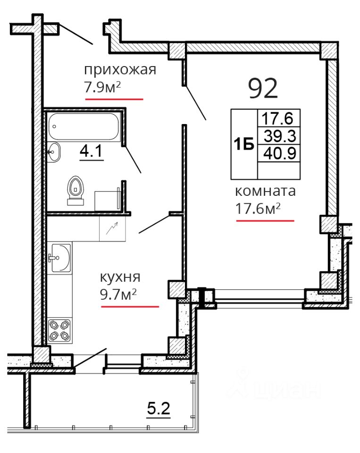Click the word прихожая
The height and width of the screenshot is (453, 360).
[120, 70]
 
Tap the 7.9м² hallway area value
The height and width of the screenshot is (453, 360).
[102, 87]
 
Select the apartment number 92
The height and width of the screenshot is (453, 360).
[263, 88]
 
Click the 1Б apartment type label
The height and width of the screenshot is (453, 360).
[244, 144]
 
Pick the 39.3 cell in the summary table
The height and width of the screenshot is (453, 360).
[280, 136]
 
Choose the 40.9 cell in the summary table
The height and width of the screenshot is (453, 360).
[280, 153]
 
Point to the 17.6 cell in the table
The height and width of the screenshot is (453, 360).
[277, 118]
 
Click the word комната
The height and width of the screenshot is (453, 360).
[265, 191]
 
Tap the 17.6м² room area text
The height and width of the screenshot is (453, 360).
[258, 208]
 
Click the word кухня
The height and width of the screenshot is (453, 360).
[120, 277]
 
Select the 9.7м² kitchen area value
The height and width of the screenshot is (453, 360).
[118, 294]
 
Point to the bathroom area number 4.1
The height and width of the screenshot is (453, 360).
[91, 151]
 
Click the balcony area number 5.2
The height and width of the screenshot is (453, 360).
[159, 409]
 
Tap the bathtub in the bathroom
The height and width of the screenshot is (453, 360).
[84, 126]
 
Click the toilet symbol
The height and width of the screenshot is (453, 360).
[75, 190]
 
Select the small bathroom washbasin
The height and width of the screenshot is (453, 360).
[54, 152]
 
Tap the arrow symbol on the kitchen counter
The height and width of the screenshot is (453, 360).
[112, 228]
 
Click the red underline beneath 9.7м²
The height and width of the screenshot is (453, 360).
[130, 307]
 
